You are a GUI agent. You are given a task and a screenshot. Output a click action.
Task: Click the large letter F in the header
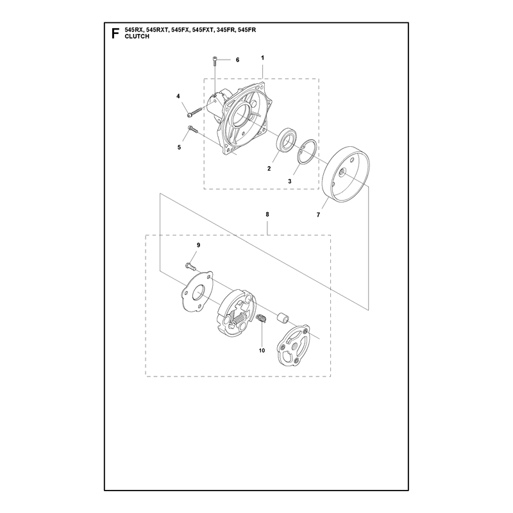(x=115, y=33)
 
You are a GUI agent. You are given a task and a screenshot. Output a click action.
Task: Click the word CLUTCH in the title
(x=137, y=37)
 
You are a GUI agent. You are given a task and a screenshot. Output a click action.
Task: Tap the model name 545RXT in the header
(x=157, y=29)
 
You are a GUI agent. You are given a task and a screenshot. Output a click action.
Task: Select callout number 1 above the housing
(x=262, y=58)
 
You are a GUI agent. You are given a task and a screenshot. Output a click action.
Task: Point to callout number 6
(x=237, y=60)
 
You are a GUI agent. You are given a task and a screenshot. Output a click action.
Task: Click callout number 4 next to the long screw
(x=178, y=96)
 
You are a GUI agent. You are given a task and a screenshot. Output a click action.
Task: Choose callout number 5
(x=179, y=147)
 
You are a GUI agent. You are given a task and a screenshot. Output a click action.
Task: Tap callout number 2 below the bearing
(x=269, y=169)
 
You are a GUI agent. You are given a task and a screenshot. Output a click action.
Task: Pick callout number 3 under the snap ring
(x=290, y=181)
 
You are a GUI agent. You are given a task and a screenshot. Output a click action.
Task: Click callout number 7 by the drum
(x=318, y=215)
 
